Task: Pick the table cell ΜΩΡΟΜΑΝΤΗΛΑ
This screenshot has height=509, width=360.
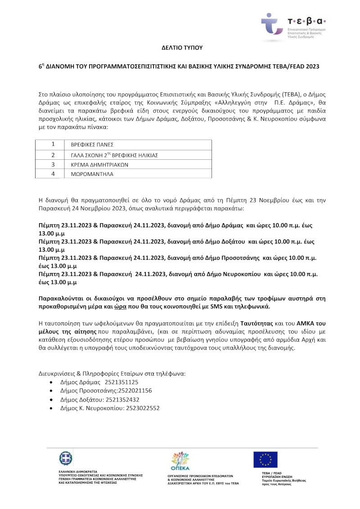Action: pos(89,174)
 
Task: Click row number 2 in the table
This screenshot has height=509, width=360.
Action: pos(53,155)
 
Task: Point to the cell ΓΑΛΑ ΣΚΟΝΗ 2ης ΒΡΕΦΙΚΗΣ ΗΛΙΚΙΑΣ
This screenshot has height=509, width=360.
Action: pos(115,155)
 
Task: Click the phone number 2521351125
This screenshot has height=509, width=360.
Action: pos(121,382)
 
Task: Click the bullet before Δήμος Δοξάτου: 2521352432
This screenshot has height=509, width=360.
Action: pos(53,400)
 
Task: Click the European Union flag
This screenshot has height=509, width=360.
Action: pos(265,459)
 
